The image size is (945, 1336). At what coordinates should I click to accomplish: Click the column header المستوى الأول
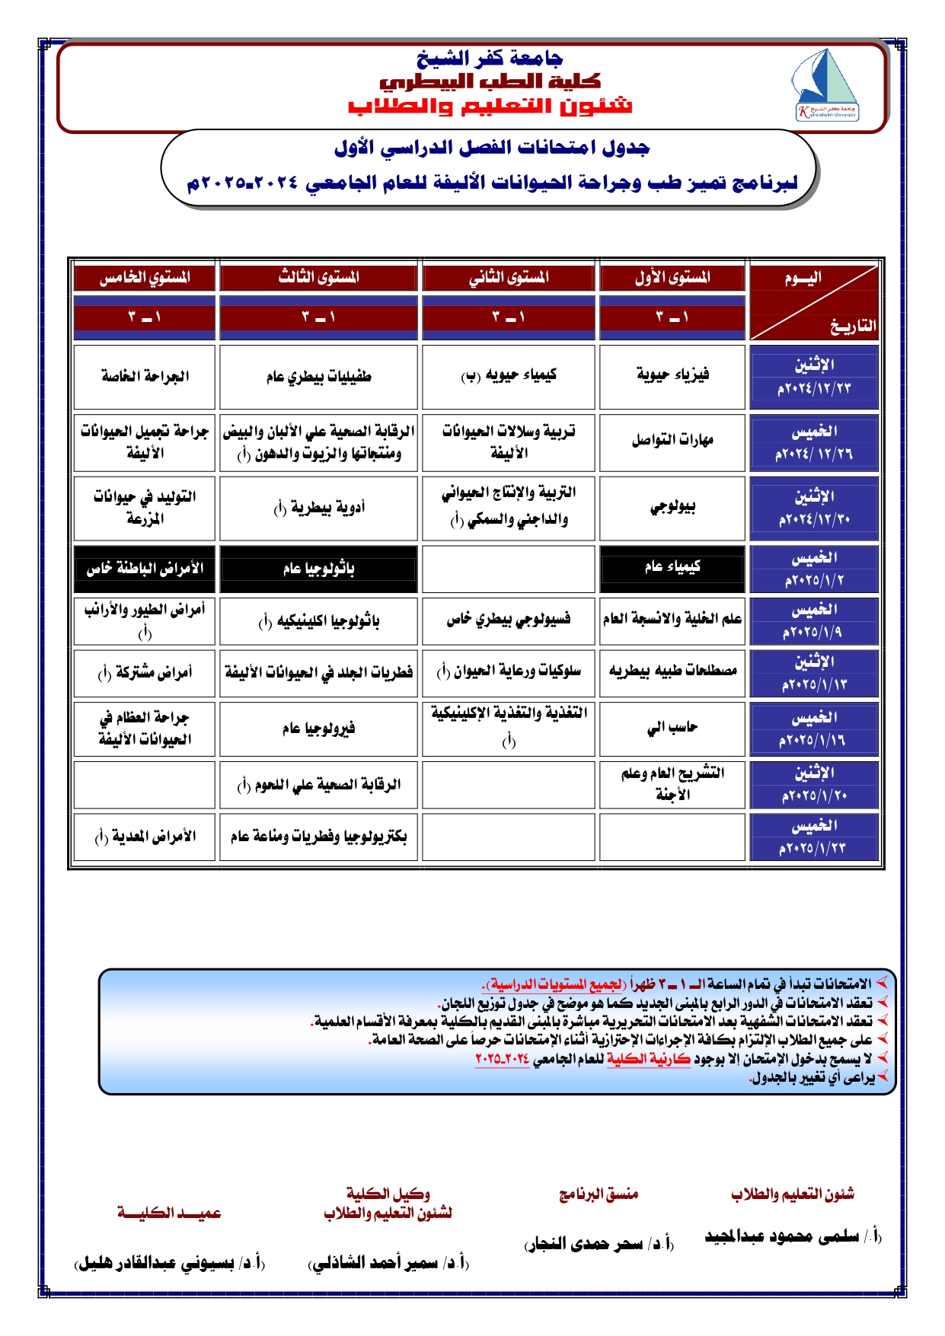coord(672,278)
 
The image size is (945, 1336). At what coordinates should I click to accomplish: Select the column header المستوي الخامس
coord(145,278)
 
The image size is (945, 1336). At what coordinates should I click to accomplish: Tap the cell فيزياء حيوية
coord(672,375)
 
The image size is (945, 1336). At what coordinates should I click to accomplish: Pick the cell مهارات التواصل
coord(672,441)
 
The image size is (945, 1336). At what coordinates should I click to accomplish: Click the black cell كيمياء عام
coord(672,567)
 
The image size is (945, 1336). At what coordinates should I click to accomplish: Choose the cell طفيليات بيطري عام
coord(318,376)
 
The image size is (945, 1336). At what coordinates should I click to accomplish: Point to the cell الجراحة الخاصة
coord(145,376)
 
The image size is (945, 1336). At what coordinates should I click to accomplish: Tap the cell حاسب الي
coord(672,729)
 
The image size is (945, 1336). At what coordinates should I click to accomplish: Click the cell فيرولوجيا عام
coord(318,729)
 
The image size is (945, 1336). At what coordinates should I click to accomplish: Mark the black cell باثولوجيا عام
coord(318,569)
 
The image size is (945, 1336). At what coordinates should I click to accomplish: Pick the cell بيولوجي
coord(672,507)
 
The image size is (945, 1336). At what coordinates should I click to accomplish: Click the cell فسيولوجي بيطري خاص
coord(508,620)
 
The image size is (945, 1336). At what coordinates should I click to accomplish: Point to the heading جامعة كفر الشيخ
coord(490,58)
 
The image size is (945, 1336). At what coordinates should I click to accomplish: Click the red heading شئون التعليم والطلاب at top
coord(490,105)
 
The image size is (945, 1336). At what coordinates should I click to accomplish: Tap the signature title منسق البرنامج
coord(599,1194)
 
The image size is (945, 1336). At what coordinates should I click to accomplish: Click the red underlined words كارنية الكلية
coord(648,1059)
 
